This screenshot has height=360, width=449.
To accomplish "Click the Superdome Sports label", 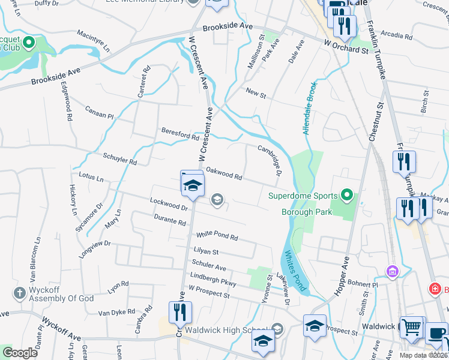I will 303,196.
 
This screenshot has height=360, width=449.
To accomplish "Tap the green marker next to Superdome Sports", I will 346,194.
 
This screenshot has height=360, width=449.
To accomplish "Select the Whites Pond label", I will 295,268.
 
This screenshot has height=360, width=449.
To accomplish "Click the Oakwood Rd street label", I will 224,173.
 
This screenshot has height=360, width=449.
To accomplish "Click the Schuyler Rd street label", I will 120,158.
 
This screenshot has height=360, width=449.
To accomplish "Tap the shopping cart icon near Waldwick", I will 411,328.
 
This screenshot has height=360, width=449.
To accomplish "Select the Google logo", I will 20,353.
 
